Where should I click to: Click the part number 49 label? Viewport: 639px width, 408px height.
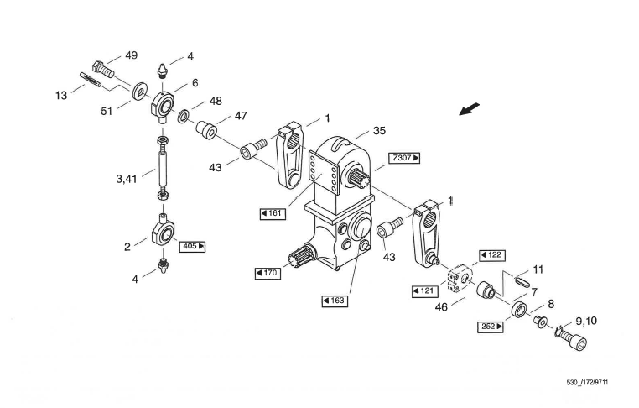131,55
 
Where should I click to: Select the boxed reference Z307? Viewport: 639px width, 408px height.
403,158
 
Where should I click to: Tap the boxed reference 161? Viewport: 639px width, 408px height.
273,213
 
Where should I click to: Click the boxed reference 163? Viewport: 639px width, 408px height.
334,301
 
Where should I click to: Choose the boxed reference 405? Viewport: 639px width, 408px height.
192,247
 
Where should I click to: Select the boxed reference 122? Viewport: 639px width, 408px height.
491,254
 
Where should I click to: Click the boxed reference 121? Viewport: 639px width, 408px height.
426,290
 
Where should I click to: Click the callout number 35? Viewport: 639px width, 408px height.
378,131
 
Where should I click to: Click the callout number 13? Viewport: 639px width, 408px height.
61,96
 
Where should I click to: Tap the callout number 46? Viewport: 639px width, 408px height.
442,307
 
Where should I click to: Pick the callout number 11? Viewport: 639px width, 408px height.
538,269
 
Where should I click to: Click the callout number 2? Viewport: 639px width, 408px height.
127,247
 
